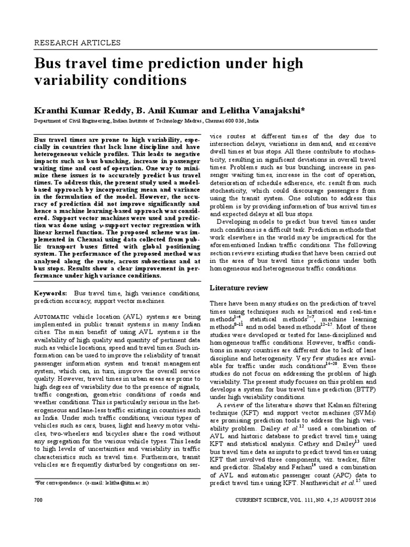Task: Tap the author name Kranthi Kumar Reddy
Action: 81,111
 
